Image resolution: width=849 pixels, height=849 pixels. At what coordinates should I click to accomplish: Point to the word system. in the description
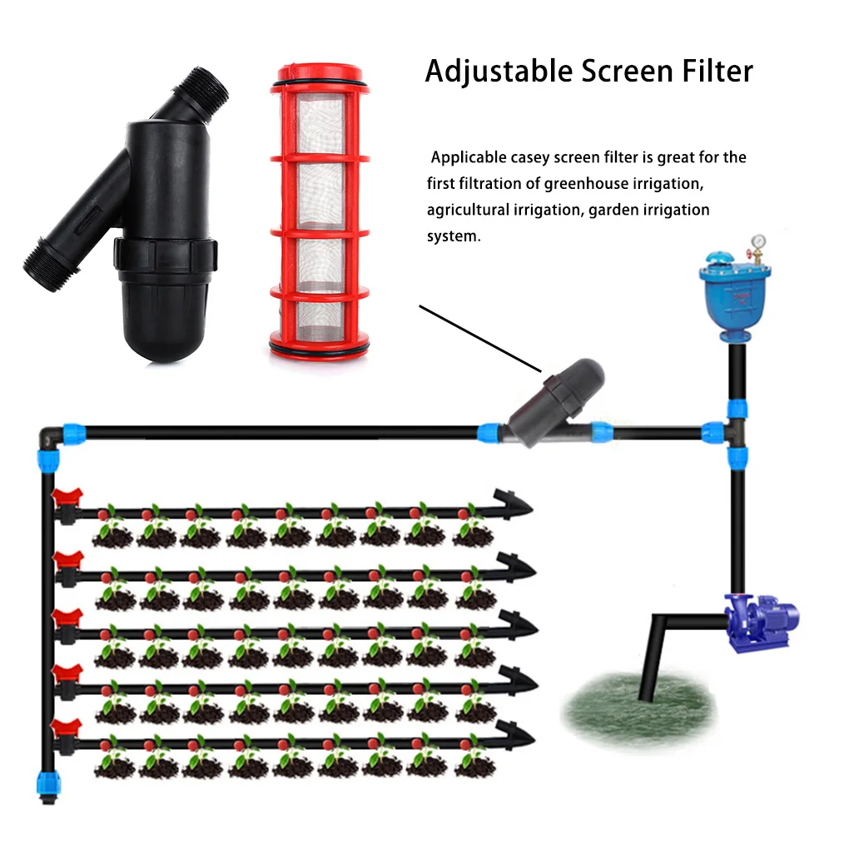454,236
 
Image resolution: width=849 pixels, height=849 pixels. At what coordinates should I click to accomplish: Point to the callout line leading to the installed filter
479,338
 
